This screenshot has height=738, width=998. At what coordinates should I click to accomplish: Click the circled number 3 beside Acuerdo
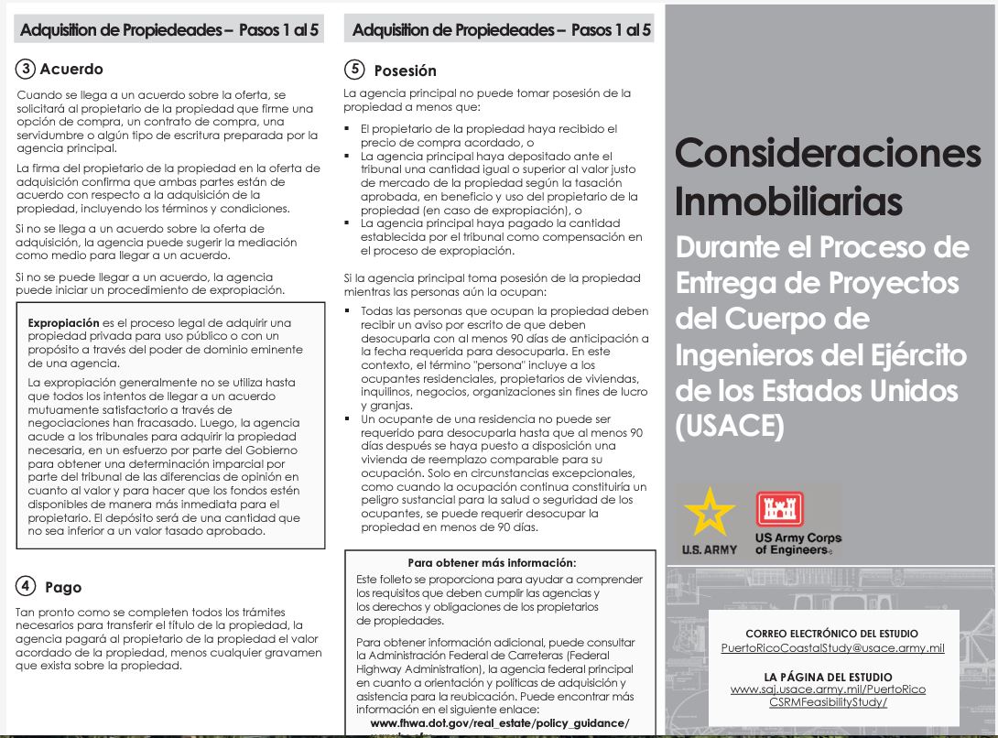26,69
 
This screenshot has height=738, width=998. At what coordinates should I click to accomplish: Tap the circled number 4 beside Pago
26,587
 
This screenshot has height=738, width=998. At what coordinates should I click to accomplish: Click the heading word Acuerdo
71,70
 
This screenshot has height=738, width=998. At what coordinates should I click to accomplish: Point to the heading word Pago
63,588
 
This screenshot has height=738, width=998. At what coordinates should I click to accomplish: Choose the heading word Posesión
406,71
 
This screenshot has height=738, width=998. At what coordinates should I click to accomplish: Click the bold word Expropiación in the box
63,323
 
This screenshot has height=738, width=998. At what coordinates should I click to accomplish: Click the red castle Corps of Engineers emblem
778,510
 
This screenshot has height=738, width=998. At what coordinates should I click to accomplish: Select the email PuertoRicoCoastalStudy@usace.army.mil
832,648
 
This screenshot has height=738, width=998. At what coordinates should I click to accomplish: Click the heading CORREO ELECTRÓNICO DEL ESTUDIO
832,634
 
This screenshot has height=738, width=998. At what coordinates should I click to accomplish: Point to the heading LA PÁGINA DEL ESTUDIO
832,676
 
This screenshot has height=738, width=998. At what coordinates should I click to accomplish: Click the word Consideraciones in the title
828,153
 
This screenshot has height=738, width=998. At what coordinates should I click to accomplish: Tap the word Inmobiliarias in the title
788,201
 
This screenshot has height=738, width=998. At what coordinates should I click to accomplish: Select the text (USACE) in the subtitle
730,426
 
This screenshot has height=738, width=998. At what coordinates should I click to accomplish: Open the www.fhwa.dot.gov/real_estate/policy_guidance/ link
500,723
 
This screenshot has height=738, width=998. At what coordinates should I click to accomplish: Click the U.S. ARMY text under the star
710,550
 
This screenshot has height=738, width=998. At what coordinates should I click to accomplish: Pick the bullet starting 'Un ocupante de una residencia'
348,418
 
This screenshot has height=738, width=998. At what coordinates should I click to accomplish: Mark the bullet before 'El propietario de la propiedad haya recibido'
348,130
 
